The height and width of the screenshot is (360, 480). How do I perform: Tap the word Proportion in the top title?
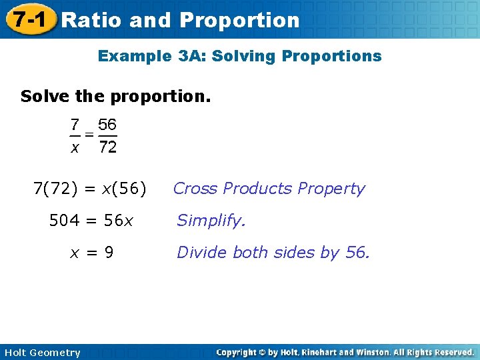click(x=239, y=20)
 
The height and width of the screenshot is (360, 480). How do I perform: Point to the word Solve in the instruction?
click(x=45, y=96)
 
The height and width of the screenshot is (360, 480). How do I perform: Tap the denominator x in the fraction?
click(x=75, y=148)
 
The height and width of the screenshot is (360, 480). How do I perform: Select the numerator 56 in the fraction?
click(x=107, y=125)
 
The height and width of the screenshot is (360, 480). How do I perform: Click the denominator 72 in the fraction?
click(x=107, y=147)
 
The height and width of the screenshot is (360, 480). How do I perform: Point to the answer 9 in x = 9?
click(x=108, y=253)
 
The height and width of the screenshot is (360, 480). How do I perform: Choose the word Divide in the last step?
click(x=198, y=253)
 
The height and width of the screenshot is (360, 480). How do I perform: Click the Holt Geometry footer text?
click(x=42, y=353)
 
